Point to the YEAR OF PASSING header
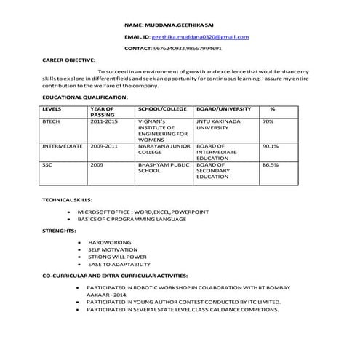coord(103,112)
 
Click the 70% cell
coord(268,121)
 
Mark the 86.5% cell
coord(271,164)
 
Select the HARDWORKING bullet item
coord(109,241)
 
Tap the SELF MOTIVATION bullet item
coord(113,249)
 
